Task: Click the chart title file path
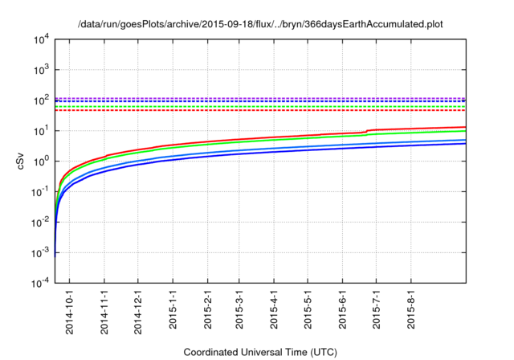point(260,24)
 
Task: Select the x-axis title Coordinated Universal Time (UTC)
point(259,352)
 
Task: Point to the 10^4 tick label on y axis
point(40,39)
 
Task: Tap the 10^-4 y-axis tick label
point(40,284)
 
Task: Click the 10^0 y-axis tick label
point(41,161)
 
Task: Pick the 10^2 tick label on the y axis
point(41,100)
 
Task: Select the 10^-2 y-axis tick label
point(40,223)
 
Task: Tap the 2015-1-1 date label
point(173,309)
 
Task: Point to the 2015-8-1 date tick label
point(411,309)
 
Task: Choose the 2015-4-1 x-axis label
point(275,309)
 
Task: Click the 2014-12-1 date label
point(139,309)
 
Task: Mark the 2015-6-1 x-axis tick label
point(343,309)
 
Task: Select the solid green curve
point(241,144)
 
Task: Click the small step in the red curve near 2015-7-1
point(367,131)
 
